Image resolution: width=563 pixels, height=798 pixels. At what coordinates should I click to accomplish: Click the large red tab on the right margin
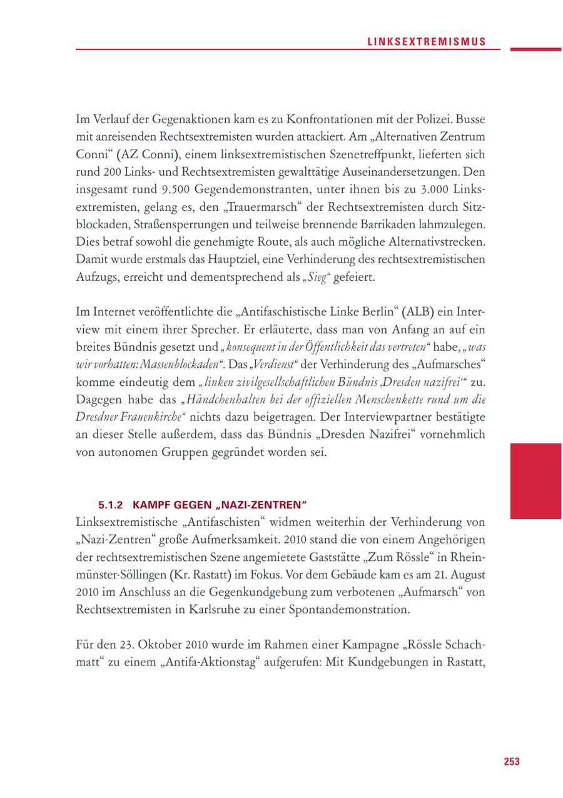click(535, 480)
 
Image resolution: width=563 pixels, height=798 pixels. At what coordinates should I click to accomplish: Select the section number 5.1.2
click(112, 504)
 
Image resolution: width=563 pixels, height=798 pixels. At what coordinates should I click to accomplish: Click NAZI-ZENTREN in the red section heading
click(269, 504)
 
